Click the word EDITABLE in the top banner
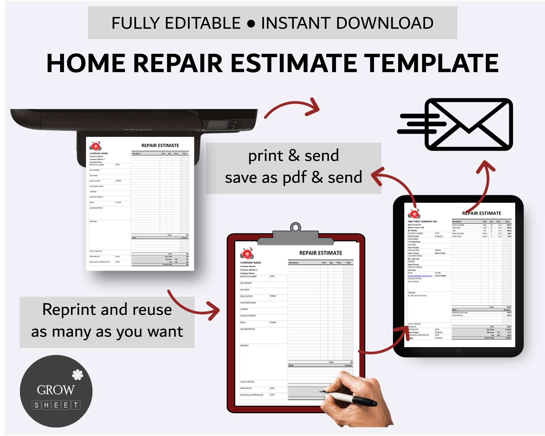[x=202, y=23]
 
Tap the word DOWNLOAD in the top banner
[x=385, y=23]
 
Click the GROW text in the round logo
[x=56, y=390]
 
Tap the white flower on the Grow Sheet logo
[x=77, y=375]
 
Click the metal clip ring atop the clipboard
[x=295, y=227]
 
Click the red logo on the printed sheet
[x=95, y=146]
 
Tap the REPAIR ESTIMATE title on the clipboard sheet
[x=320, y=253]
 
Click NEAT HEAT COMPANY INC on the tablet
[x=422, y=221]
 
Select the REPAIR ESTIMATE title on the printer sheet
[x=160, y=146]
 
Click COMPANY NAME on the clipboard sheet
[x=250, y=263]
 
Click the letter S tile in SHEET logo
[x=36, y=405]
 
